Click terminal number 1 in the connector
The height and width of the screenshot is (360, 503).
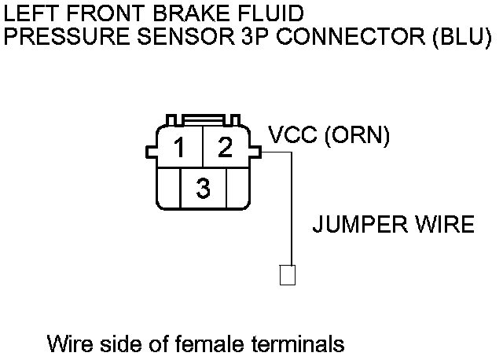[x=180, y=147]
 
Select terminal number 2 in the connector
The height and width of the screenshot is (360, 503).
[x=226, y=147]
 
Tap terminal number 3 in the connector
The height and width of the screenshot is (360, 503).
[x=204, y=189]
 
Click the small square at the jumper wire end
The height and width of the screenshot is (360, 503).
[x=287, y=276]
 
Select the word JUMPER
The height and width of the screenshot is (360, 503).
[x=358, y=226]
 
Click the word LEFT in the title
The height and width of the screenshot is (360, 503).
[x=28, y=13]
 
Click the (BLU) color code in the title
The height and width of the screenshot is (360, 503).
[x=461, y=36]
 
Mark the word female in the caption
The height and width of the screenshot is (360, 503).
[x=206, y=343]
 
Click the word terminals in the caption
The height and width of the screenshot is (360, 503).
[x=299, y=343]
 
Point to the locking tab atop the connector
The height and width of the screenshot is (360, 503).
[x=204, y=120]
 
